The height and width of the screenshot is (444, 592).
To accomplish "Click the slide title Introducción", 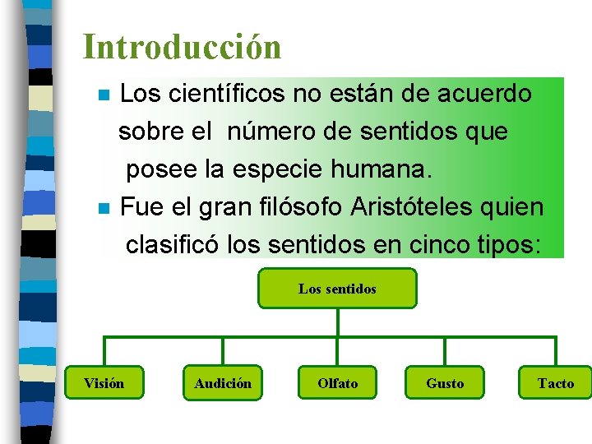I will click(x=182, y=47).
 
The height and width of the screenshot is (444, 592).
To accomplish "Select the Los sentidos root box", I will click(x=337, y=289).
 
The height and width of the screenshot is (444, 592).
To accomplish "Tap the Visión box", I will click(x=104, y=383).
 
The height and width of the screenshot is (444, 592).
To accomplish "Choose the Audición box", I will click(x=223, y=383).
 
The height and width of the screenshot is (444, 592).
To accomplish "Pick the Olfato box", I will click(x=338, y=383).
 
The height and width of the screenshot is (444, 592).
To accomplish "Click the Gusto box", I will click(x=445, y=383).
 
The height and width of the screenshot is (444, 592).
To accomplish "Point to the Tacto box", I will click(x=555, y=383).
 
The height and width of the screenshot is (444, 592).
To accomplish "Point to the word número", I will click(x=266, y=132).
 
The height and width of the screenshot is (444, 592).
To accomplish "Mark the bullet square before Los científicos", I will click(x=103, y=95).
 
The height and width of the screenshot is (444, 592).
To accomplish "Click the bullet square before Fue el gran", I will click(x=103, y=208).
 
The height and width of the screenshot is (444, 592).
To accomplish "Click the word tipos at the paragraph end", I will click(x=511, y=245).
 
